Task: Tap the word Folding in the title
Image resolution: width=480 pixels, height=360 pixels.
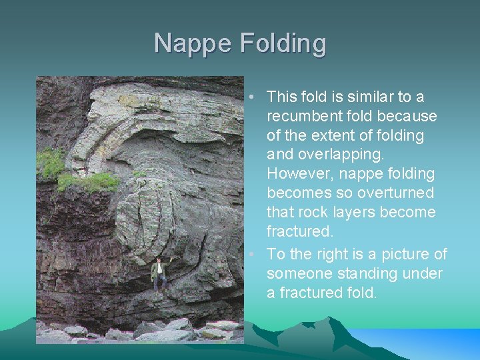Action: coord(283,44)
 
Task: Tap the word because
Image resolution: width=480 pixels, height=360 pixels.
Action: coord(407,116)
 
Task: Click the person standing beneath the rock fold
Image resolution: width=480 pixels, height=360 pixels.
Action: coord(159,273)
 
